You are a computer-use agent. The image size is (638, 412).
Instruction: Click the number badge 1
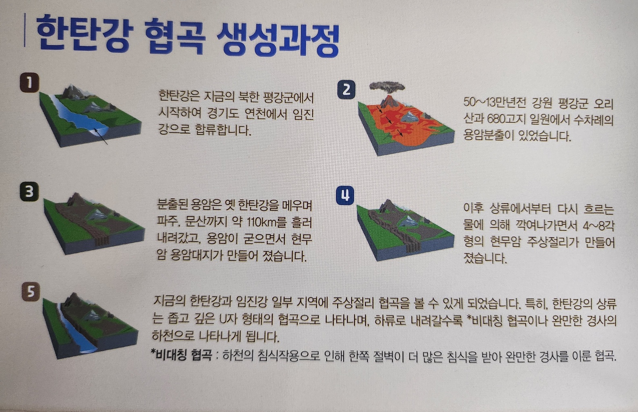29,83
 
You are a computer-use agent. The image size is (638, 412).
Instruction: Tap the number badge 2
346,90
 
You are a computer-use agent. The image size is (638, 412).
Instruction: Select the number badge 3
29,192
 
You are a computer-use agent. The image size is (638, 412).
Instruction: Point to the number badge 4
345,196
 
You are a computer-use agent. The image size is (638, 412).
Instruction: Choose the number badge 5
31,292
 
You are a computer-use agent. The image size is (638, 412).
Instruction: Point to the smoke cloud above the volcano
387,88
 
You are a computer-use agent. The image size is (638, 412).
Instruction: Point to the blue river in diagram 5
76,330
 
